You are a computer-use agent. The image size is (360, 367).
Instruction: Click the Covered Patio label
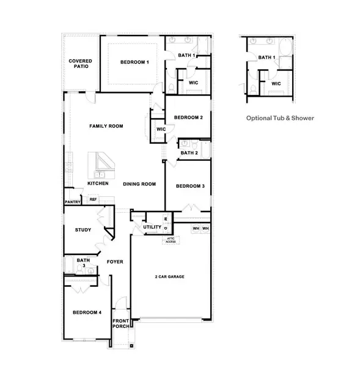tap(79, 64)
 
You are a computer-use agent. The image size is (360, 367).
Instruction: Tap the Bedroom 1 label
tap(134, 62)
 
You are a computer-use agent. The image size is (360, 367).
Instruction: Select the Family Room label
tap(106, 127)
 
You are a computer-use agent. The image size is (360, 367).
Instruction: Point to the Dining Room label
tap(139, 184)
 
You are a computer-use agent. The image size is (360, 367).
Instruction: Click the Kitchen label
tap(98, 183)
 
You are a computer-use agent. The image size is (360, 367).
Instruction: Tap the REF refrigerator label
tap(93, 199)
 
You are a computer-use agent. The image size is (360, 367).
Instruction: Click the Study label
tap(83, 230)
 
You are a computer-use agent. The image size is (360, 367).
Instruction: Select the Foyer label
tap(115, 262)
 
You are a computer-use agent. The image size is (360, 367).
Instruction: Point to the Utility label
tap(152, 228)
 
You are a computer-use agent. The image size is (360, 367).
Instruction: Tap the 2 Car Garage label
tap(169, 277)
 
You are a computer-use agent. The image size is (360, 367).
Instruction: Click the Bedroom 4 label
tap(87, 313)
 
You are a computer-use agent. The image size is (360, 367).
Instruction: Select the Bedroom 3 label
tap(190, 186)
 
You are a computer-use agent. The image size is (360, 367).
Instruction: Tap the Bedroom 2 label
tap(188, 117)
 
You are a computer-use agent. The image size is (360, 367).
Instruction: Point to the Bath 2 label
tap(189, 153)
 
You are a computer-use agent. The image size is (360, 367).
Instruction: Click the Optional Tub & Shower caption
tap(280, 118)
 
